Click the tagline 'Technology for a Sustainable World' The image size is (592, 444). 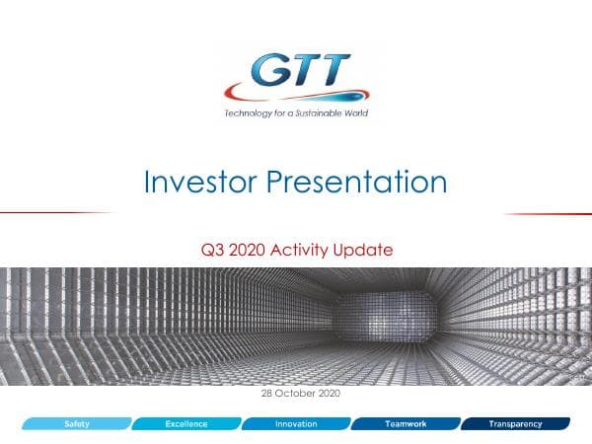pos(295,112)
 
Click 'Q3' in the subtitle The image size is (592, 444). pos(210,250)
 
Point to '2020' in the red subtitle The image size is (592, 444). pos(249,250)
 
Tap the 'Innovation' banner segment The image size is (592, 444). pos(295,423)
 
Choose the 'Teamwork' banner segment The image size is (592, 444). pos(405,423)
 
